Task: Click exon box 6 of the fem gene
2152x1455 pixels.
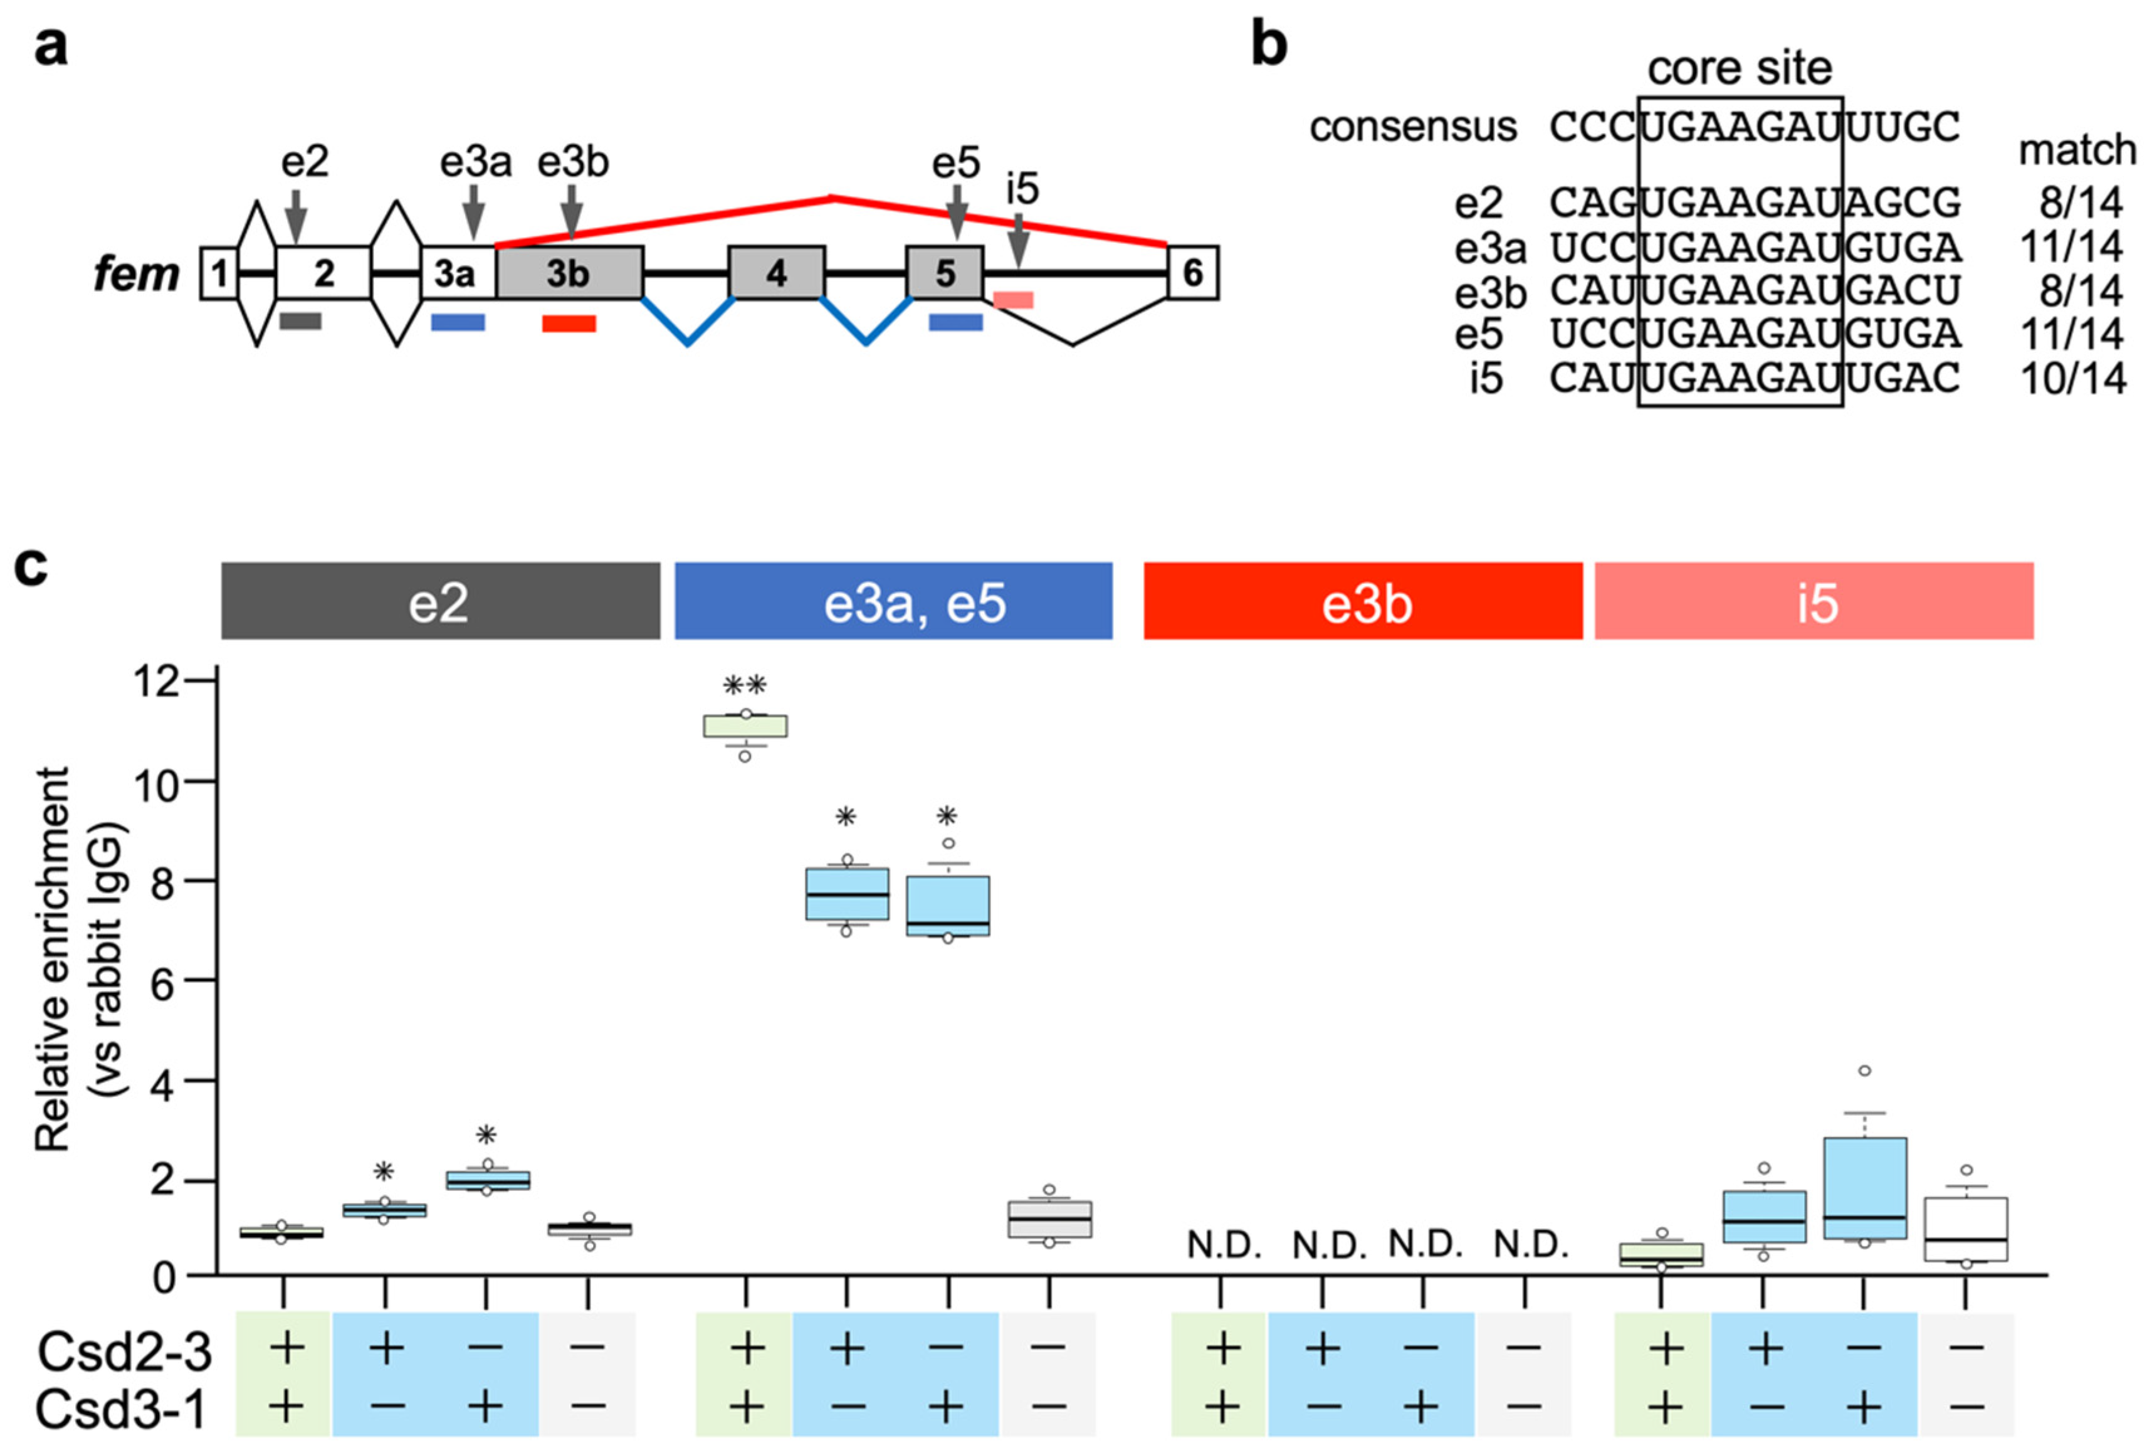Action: click(x=1193, y=273)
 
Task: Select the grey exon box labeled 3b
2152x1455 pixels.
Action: click(x=569, y=273)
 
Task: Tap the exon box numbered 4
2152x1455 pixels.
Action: click(x=776, y=273)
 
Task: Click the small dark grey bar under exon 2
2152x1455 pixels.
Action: click(x=300, y=320)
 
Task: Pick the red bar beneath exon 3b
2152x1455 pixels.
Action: click(x=569, y=323)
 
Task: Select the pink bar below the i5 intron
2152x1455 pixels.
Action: click(x=1013, y=300)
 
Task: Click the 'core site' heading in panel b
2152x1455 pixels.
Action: click(x=1739, y=68)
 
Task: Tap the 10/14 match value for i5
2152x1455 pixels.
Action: click(x=2072, y=379)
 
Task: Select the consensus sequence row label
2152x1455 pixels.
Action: click(x=1413, y=127)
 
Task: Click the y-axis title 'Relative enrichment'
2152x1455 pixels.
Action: click(x=53, y=958)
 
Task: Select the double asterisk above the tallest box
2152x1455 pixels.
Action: click(x=745, y=685)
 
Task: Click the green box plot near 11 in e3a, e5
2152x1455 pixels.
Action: click(x=745, y=725)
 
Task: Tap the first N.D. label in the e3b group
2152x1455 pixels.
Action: click(x=1224, y=1247)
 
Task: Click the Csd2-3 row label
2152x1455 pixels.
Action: click(x=125, y=1352)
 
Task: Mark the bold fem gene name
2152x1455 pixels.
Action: click(x=136, y=274)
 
